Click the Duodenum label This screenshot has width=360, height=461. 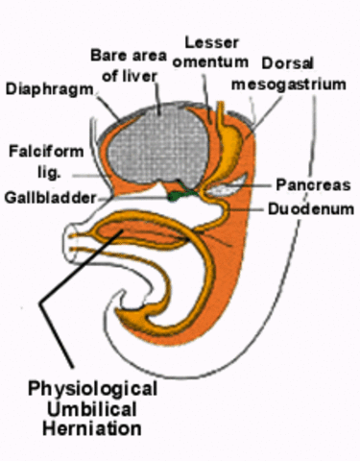308,206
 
